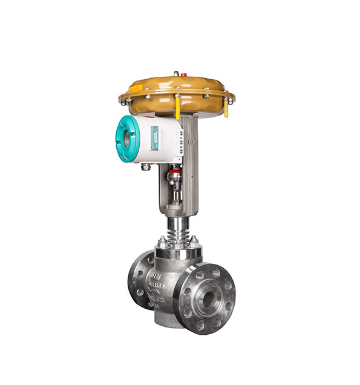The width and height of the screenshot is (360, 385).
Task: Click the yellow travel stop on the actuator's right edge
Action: click(226, 108)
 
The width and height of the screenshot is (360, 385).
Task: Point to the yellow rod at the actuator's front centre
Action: click(178, 108)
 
